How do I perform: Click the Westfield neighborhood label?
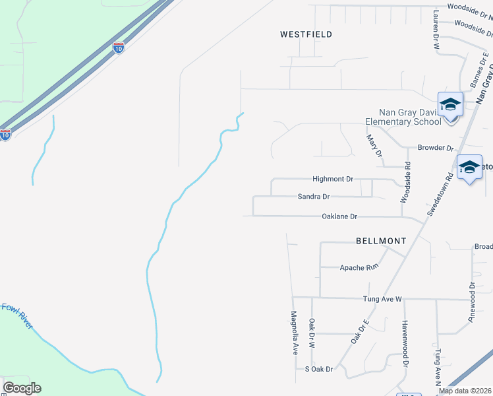coord(306,34)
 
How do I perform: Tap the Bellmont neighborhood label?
coord(381,241)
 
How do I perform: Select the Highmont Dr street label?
coord(333,179)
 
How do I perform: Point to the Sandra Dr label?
coord(314,197)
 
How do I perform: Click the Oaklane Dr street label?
coord(339,216)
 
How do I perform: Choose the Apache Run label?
coord(359,267)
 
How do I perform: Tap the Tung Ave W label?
coord(382,299)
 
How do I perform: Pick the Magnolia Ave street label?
coord(295,333)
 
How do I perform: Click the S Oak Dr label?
coord(319,369)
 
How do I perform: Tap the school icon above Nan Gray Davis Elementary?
coord(451,106)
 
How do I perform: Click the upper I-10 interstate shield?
coord(118,48)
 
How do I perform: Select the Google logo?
coord(22,388)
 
